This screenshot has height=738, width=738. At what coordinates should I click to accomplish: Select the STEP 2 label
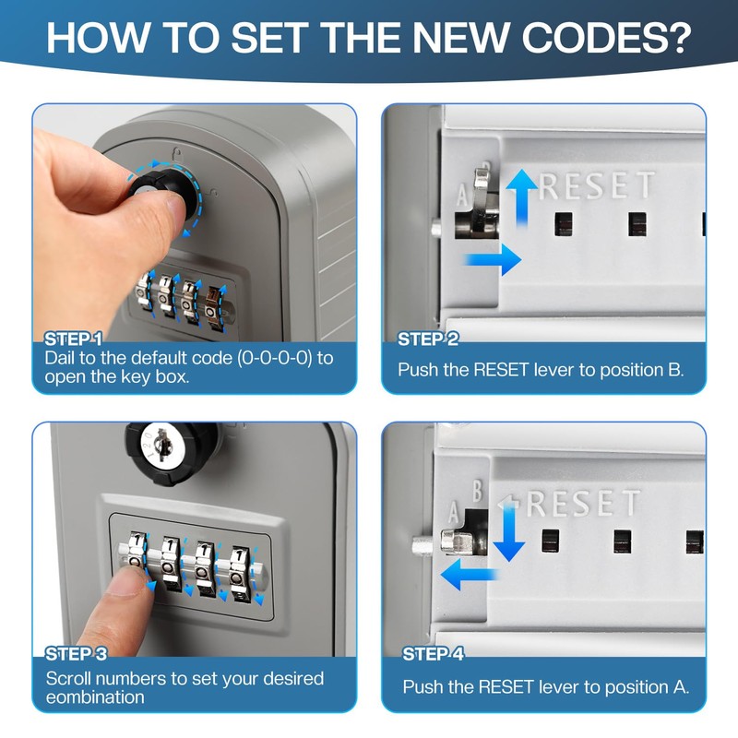(428, 339)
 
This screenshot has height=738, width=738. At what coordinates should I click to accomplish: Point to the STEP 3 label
(82, 654)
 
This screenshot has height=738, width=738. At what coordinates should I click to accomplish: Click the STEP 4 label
(434, 654)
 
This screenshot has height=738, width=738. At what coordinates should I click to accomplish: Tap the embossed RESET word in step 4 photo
(582, 504)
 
